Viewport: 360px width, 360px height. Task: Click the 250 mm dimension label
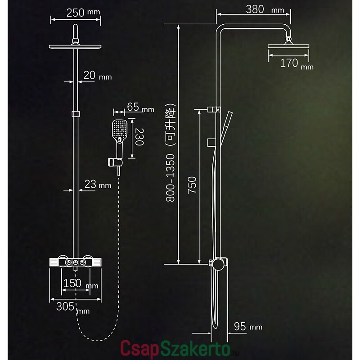(83, 13)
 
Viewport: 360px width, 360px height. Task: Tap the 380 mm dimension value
(265, 9)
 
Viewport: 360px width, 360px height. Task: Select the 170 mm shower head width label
(297, 63)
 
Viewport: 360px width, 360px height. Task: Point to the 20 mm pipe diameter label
(97, 76)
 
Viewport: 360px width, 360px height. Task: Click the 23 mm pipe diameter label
(98, 184)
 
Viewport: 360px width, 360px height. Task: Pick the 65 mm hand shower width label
(140, 107)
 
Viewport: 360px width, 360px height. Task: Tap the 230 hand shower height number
(139, 137)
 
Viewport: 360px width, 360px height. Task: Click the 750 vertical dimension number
(192, 185)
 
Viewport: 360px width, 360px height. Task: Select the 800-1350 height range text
(171, 178)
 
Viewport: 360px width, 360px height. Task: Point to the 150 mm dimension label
(81, 284)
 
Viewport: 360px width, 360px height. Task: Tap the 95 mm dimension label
(248, 327)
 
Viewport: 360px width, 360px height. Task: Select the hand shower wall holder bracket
(115, 162)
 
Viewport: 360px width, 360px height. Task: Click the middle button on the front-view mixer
(75, 262)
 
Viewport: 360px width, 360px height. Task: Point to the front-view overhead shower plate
(75, 47)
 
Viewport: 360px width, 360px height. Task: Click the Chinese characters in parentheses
(171, 125)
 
